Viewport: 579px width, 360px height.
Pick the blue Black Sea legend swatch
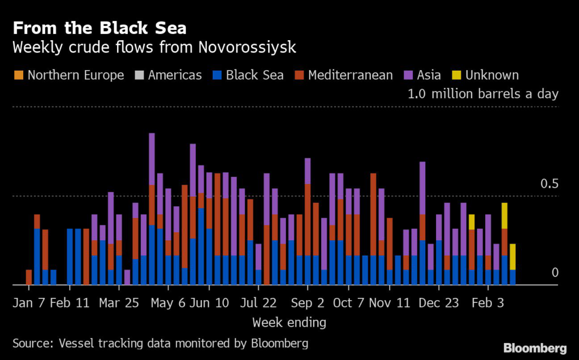pyautogui.click(x=216, y=75)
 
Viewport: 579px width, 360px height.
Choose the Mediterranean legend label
pyautogui.click(x=350, y=75)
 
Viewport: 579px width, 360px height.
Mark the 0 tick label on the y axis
pyautogui.click(x=555, y=272)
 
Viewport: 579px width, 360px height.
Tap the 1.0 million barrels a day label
pyautogui.click(x=483, y=94)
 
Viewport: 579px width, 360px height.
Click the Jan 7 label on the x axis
pyautogui.click(x=28, y=303)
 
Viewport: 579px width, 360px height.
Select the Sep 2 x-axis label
pyautogui.click(x=308, y=303)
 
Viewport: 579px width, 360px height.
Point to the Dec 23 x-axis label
pyautogui.click(x=439, y=303)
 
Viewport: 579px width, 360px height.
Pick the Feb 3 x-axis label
pyautogui.click(x=489, y=303)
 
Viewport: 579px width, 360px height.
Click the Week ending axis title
pyautogui.click(x=289, y=323)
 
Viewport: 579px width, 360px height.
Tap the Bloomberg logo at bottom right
pyautogui.click(x=535, y=346)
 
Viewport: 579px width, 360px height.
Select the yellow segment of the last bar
pyautogui.click(x=512, y=257)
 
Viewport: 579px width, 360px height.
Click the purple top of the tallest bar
pyautogui.click(x=152, y=159)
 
